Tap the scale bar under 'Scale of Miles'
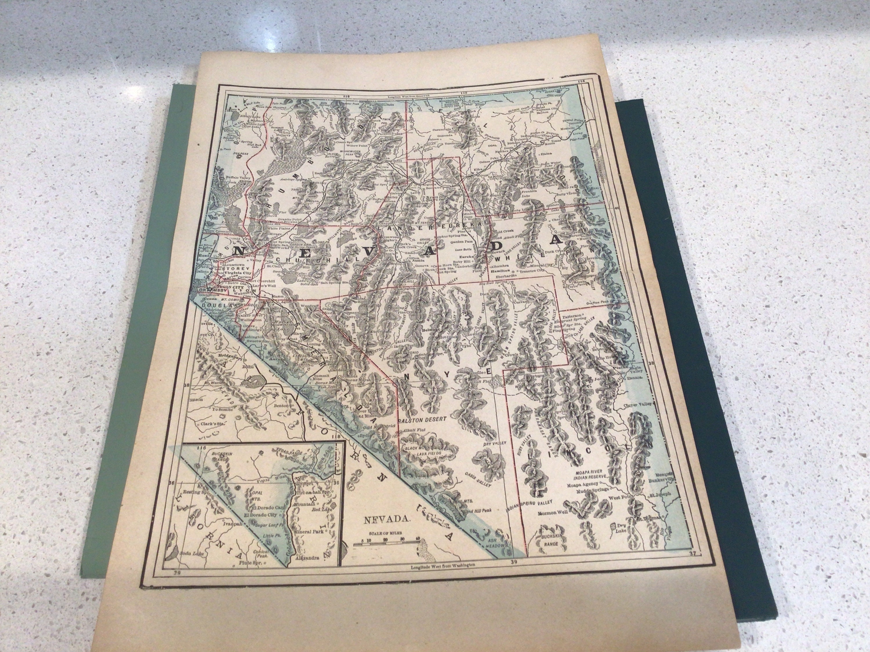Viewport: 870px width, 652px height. (386, 543)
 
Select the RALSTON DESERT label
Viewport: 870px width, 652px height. (422, 420)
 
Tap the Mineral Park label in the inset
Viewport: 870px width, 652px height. (309, 531)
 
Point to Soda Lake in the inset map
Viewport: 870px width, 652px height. (190, 553)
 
